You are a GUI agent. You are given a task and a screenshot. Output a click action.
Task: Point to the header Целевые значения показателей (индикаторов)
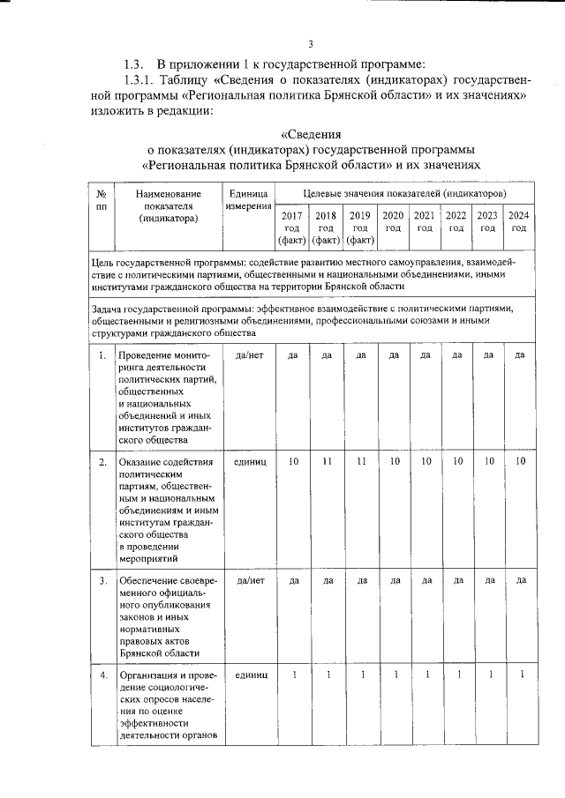pos(403,192)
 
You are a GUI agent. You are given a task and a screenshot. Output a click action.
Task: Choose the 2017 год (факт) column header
pos(290,227)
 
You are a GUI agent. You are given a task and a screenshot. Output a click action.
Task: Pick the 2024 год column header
pos(518,221)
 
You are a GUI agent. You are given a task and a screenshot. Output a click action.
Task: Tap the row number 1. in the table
pos(102,355)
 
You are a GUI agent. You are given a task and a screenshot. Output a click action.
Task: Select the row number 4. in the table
pos(102,675)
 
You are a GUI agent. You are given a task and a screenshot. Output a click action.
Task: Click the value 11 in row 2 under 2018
pos(326,461)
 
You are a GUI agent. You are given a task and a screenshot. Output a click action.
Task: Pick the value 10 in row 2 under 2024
pos(520,461)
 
